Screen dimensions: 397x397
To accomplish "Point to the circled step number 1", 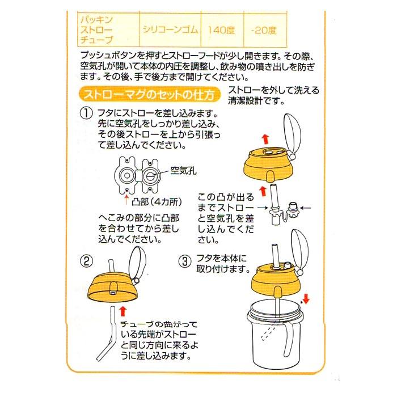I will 86,113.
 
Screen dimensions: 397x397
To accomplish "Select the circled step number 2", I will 86,261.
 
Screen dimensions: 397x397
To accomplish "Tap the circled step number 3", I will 185,261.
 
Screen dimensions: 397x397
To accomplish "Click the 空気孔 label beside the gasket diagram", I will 183,170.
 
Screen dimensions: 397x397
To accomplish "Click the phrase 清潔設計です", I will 255,102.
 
